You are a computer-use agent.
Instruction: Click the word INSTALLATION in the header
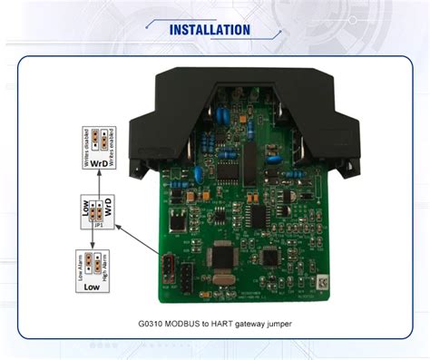pyautogui.click(x=210, y=30)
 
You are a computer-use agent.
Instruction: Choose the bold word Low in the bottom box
pyautogui.click(x=93, y=287)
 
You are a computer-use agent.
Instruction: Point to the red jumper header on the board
pyautogui.click(x=167, y=269)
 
